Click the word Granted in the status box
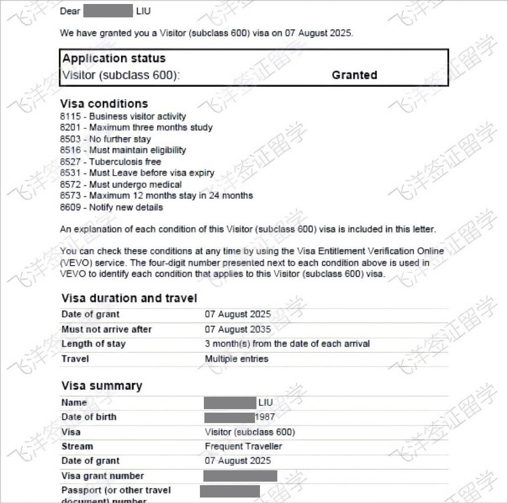point(354,75)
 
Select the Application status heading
point(114,58)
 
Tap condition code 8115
point(70,116)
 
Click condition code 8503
point(70,139)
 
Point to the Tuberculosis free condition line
point(110,161)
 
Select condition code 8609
point(70,207)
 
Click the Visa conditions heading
point(104,103)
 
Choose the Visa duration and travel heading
point(129,298)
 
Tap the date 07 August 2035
point(238,329)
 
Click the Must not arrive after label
point(106,329)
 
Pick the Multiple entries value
point(236,359)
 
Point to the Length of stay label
point(93,344)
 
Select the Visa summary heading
point(101,386)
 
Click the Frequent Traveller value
point(243,446)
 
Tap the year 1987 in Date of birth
point(265,417)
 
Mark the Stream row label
point(77,446)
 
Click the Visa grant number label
point(102,476)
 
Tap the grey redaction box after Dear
point(108,11)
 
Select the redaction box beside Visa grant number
point(240,476)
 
